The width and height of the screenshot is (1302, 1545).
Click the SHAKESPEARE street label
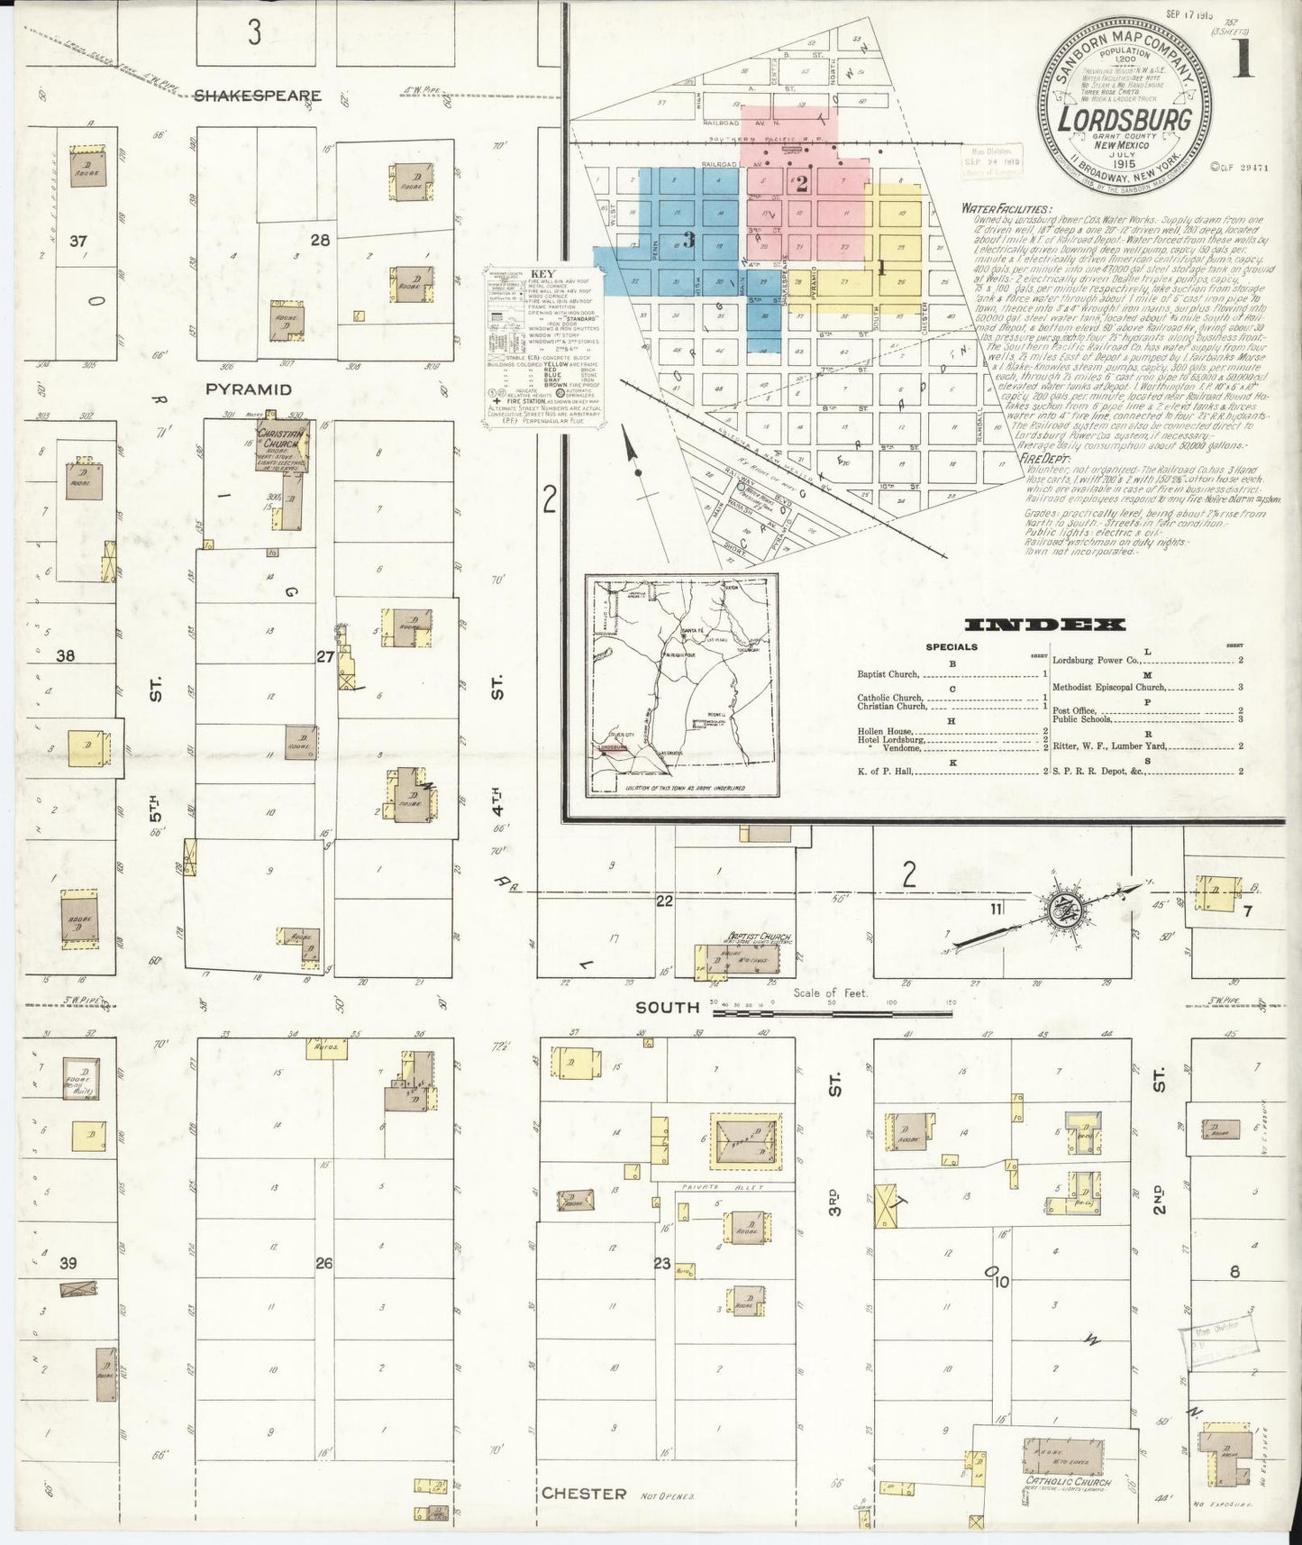[258, 95]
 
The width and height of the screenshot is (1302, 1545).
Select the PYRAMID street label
[248, 389]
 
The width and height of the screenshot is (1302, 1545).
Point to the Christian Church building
[285, 444]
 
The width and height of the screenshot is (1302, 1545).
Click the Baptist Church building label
[762, 937]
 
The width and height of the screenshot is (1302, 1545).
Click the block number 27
[325, 657]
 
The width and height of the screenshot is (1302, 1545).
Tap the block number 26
[323, 1264]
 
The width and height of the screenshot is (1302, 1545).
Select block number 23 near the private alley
[662, 1264]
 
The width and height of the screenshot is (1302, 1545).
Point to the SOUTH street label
[668, 1007]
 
